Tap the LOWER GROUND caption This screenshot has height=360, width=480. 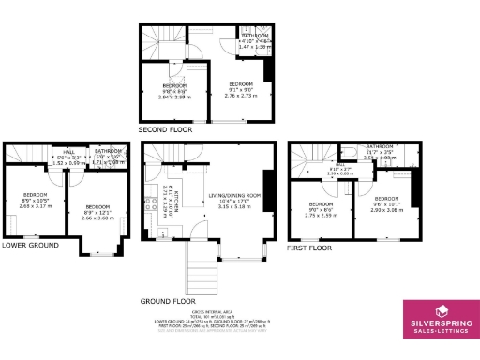tap(29, 245)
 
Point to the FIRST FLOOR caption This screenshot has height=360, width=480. tap(310, 248)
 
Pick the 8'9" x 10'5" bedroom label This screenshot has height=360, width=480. tap(37, 201)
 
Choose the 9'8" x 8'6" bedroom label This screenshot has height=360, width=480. tap(175, 91)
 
